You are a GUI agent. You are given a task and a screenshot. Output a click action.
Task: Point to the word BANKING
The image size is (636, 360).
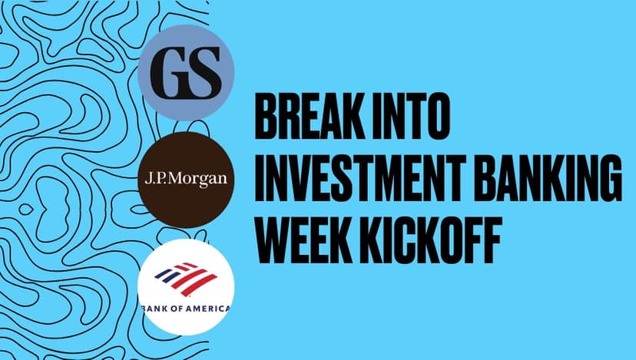548,178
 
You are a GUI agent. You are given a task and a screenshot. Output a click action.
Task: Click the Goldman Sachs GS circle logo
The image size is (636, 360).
186,72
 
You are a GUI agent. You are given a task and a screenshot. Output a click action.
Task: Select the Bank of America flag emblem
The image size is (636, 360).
186,279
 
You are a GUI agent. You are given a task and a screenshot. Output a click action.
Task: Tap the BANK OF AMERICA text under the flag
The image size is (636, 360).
186,309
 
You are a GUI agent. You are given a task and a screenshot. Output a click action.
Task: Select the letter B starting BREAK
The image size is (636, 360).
267,117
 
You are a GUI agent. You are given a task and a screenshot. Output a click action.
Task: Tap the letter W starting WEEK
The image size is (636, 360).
273,240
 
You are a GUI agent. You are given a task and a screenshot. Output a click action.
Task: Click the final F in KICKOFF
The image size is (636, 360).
490,240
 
